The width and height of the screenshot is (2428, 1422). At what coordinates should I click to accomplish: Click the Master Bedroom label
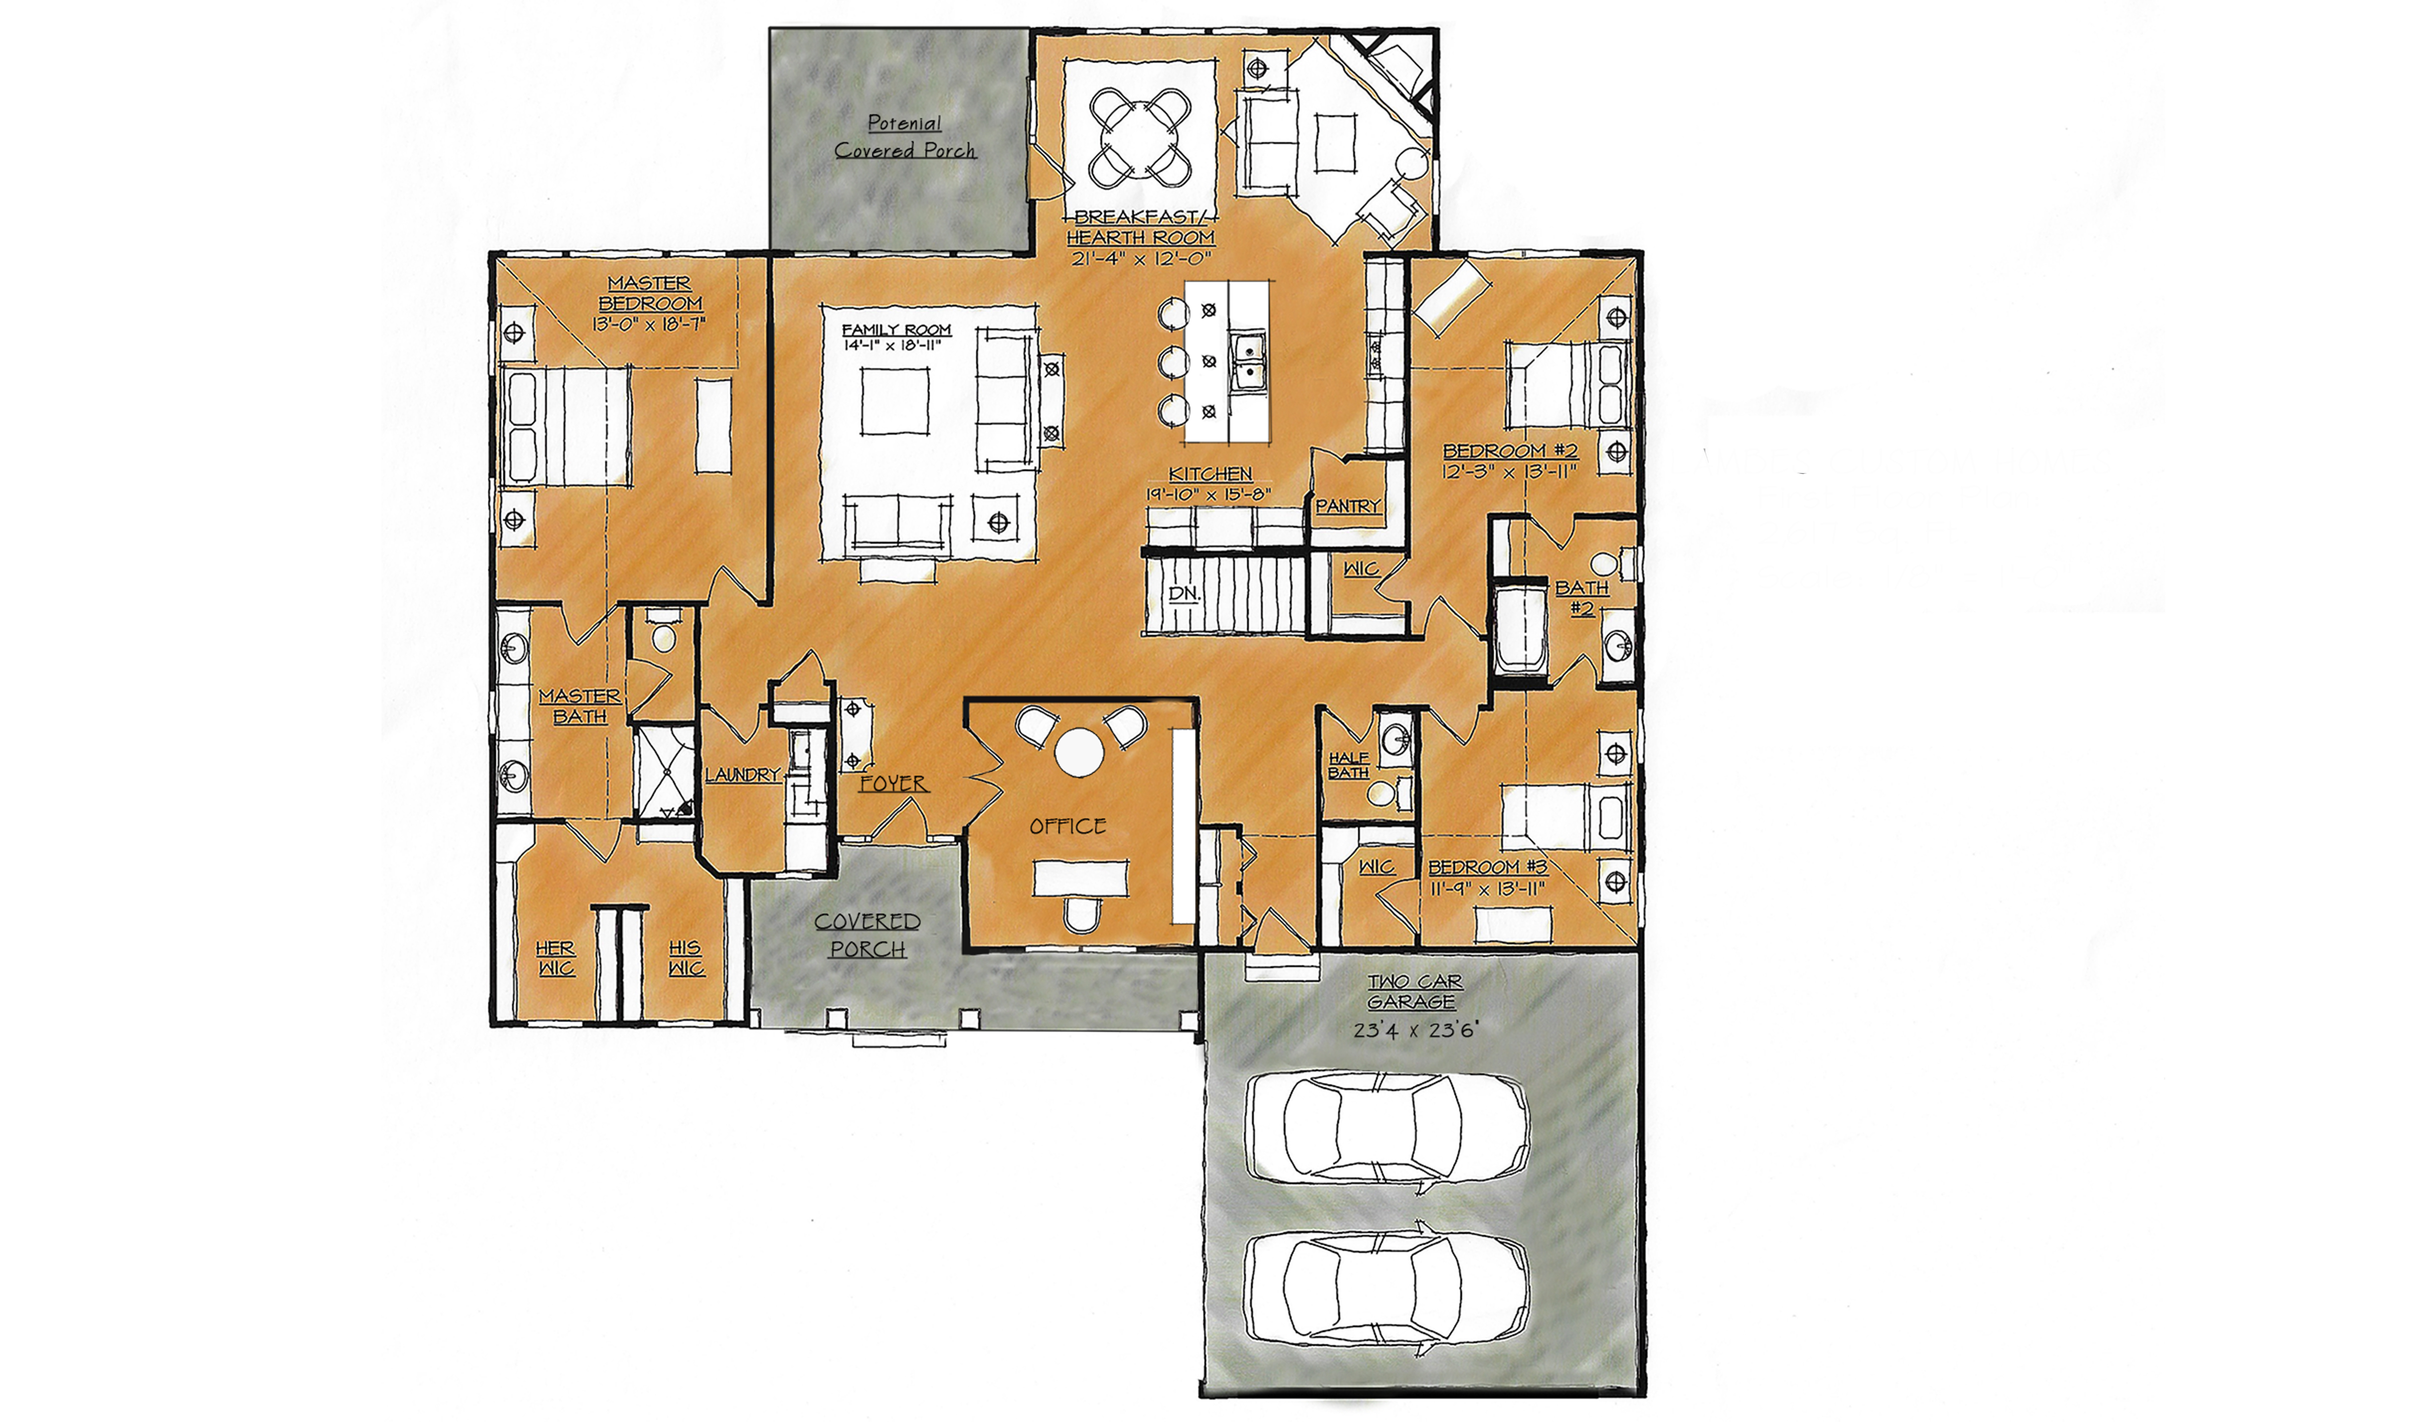tap(650, 293)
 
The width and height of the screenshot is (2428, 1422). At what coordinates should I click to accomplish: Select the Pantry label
tap(1347, 506)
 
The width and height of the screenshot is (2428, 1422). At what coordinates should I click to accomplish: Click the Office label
tap(1067, 826)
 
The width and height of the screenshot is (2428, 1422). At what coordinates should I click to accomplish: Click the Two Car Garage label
tap(1414, 991)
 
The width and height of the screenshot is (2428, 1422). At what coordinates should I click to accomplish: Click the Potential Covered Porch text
tap(905, 137)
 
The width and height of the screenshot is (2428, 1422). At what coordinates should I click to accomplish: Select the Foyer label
tap(893, 784)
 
